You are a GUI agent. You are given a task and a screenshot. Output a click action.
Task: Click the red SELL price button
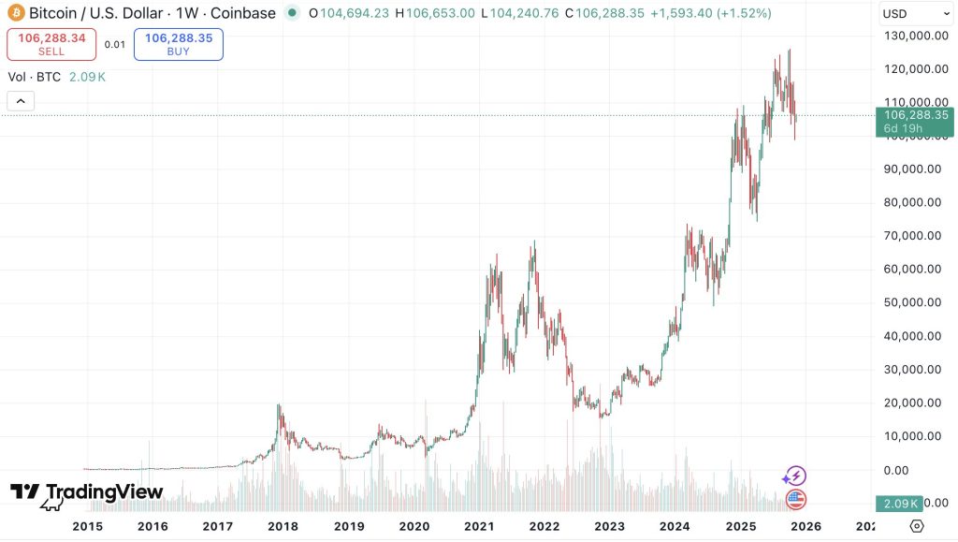point(51,44)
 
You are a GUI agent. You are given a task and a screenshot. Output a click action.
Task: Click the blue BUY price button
point(179,44)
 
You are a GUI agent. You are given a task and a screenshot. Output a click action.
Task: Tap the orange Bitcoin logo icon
point(16,12)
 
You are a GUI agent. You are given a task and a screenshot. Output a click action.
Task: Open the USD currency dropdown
point(915,13)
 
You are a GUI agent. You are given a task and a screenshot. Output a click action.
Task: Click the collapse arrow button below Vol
point(21,101)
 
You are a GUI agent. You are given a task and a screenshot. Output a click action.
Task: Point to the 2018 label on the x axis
point(283,526)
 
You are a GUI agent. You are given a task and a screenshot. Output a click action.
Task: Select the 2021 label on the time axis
point(479,526)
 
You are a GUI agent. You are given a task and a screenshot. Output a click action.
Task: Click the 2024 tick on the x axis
point(675,526)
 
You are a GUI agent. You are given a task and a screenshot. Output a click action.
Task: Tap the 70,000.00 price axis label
point(912,235)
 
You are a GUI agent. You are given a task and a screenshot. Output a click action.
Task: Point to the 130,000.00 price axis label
point(916,36)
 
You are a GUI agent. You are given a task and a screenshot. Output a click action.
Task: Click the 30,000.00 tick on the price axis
point(912,369)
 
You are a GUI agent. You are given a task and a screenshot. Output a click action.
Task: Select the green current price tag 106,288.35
point(915,121)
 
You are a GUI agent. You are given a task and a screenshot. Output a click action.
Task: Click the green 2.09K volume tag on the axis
point(899,504)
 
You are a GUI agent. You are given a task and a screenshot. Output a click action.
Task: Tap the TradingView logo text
point(105,491)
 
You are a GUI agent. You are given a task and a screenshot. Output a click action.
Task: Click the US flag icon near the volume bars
point(795,499)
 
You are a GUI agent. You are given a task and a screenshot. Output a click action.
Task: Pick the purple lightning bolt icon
point(795,476)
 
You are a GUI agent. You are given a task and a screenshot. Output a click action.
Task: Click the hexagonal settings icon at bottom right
point(917,526)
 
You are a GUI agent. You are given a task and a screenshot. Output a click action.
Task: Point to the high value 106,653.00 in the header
point(440,13)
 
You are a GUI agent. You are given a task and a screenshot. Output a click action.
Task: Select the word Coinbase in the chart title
point(242,13)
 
